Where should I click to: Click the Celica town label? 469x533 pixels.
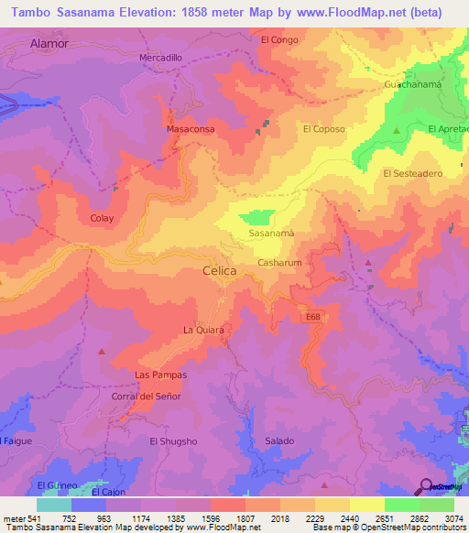[x=220, y=272]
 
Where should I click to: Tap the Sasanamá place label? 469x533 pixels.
[x=272, y=234]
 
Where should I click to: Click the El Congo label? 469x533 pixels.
[x=280, y=39]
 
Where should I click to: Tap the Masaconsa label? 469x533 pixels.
[x=190, y=130]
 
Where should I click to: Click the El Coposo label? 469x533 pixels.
[x=324, y=129]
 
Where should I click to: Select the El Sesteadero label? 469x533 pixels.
[x=413, y=173]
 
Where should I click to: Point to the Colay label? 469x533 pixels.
[x=102, y=218]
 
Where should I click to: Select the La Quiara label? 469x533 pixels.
[x=203, y=330]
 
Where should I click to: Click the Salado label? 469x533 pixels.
[x=279, y=441]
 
